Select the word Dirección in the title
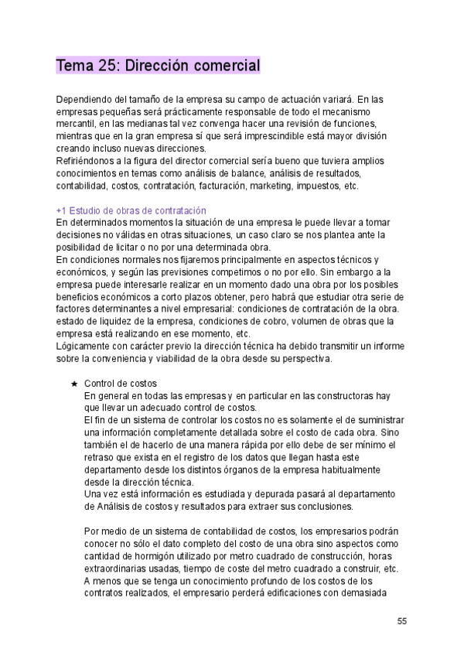pyautogui.click(x=159, y=66)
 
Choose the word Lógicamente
pyautogui.click(x=85, y=346)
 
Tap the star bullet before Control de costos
pyautogui.click(x=73, y=384)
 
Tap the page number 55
pyautogui.click(x=402, y=621)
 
